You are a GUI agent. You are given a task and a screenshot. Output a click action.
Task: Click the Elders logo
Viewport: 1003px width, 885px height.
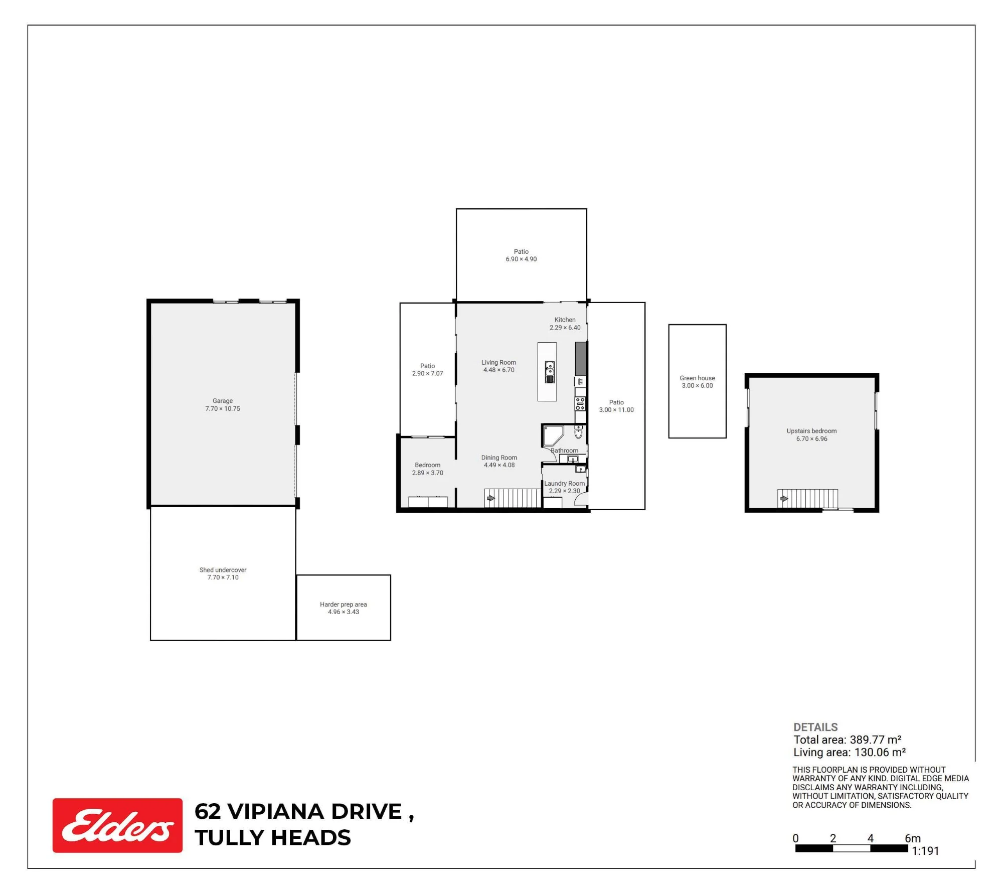coord(117,825)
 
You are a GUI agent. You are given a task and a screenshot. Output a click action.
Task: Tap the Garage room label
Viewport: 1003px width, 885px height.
coord(223,401)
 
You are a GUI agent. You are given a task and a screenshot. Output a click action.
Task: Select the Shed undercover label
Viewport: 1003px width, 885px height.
coord(223,570)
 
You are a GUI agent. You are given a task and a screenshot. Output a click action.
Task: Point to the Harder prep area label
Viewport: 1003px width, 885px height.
coord(344,605)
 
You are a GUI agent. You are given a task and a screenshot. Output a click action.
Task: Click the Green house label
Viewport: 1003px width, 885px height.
coord(698,378)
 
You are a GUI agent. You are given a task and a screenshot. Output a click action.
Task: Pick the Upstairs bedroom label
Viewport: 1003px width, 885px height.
coord(811,431)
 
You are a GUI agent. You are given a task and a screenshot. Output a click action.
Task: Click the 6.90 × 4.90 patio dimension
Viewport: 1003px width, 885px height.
coord(521,259)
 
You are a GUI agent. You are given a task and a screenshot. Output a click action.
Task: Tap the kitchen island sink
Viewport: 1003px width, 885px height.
coord(550,372)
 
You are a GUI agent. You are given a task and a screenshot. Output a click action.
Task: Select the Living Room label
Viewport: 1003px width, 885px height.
coord(498,362)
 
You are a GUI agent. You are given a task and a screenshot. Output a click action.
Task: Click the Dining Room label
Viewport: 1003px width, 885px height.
coord(499,458)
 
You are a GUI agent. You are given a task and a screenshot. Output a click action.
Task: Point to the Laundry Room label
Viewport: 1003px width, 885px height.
coord(565,484)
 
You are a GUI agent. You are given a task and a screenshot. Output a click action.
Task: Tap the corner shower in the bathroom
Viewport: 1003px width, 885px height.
coord(553,435)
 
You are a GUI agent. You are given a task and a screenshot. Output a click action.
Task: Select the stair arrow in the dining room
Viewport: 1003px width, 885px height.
coord(491,498)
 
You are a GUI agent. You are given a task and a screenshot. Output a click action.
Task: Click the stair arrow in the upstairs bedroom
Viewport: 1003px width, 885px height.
coord(784,499)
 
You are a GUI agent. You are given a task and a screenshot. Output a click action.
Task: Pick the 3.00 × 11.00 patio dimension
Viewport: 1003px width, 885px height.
coord(616,410)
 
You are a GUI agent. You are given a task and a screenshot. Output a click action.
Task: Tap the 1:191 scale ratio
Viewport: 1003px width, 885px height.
coord(925,850)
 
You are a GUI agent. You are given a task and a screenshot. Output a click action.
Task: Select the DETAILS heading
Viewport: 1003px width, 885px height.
coord(815,727)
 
